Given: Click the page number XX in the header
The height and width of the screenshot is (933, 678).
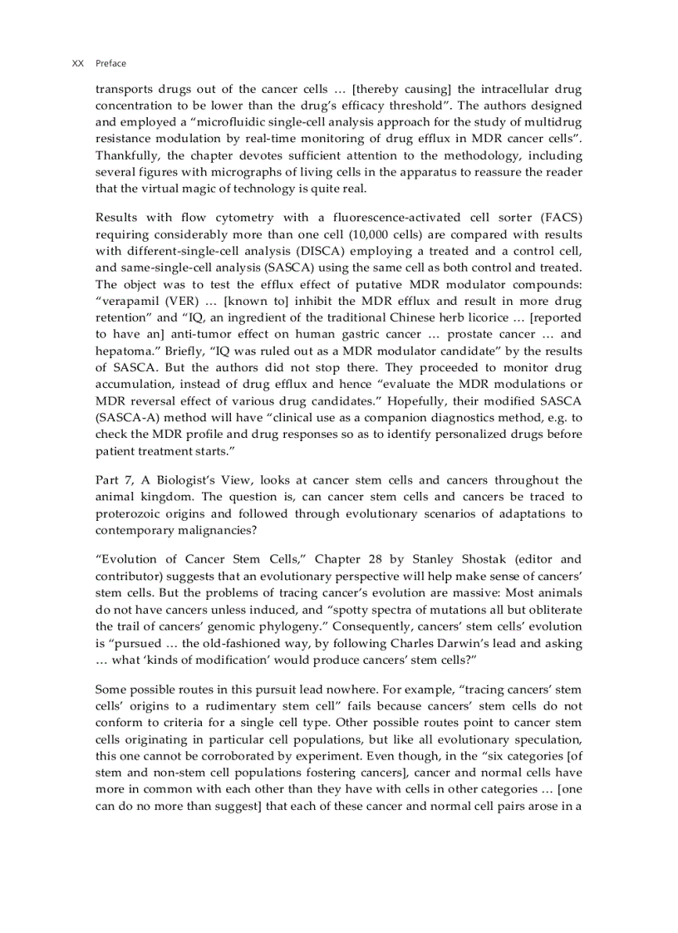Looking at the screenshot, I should (x=78, y=63).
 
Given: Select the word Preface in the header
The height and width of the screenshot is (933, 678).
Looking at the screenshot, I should (x=111, y=63).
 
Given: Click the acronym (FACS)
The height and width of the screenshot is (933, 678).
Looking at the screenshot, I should (x=561, y=218).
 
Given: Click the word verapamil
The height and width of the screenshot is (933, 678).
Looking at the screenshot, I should (x=128, y=301).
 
